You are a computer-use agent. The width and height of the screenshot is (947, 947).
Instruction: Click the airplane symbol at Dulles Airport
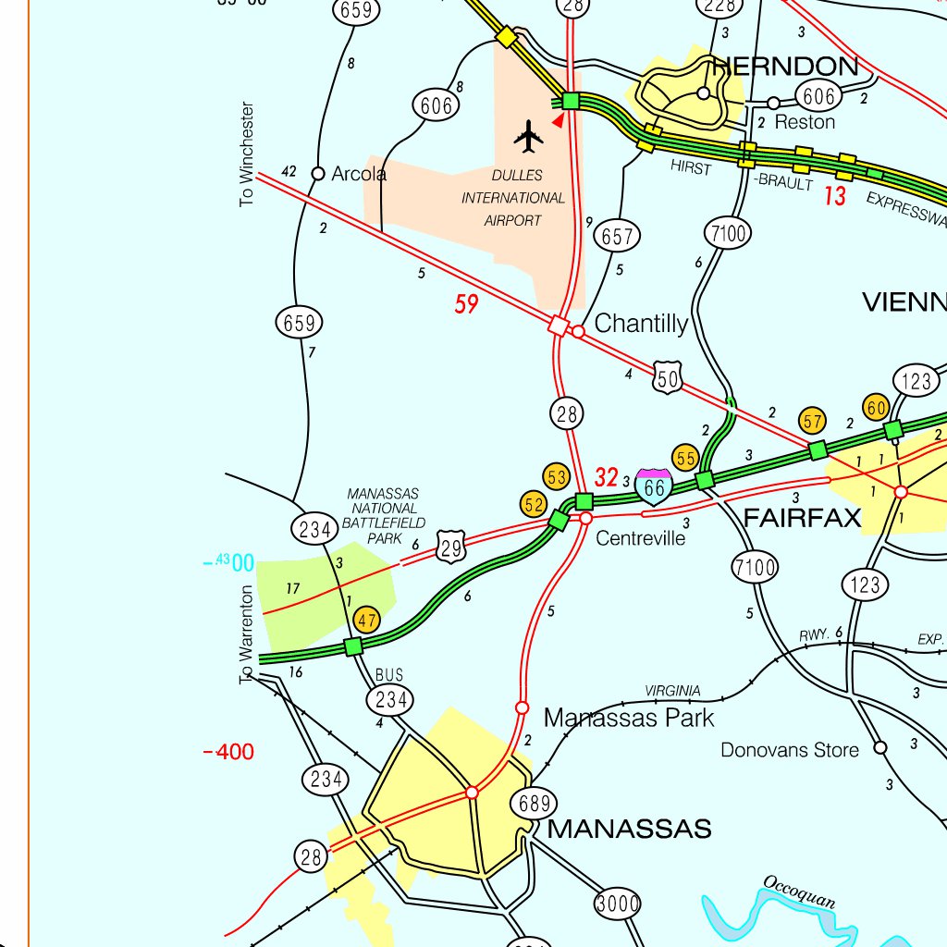tap(528, 136)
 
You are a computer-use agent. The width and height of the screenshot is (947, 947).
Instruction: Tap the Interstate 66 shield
tap(654, 486)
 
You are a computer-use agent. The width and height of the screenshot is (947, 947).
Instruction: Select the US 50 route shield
tap(668, 375)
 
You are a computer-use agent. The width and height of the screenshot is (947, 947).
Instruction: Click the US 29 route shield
tap(450, 544)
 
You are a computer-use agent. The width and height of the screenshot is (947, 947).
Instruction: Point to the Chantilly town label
tap(641, 324)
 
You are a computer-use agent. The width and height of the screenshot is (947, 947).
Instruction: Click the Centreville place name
tap(641, 538)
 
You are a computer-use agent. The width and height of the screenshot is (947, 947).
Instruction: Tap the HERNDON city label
tap(785, 67)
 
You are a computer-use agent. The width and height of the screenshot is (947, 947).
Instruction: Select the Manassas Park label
tap(629, 718)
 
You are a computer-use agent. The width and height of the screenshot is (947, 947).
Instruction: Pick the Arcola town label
tap(359, 173)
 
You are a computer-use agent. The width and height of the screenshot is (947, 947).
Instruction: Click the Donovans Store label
tap(790, 750)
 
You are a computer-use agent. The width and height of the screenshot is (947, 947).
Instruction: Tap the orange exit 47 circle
tap(367, 621)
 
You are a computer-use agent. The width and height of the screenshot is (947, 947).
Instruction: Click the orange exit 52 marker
tap(534, 504)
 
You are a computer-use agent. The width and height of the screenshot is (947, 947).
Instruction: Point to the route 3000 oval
tap(617, 904)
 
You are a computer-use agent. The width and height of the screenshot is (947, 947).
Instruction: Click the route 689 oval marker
tap(535, 804)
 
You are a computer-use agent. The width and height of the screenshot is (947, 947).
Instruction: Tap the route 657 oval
tap(616, 237)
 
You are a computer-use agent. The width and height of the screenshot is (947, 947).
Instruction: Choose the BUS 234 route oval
tap(390, 699)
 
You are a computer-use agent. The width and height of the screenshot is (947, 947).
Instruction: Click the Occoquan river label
tap(800, 892)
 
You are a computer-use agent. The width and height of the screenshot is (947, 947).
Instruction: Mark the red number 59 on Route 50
tap(466, 304)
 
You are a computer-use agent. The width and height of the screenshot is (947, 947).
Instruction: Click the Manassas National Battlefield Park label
tap(383, 516)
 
